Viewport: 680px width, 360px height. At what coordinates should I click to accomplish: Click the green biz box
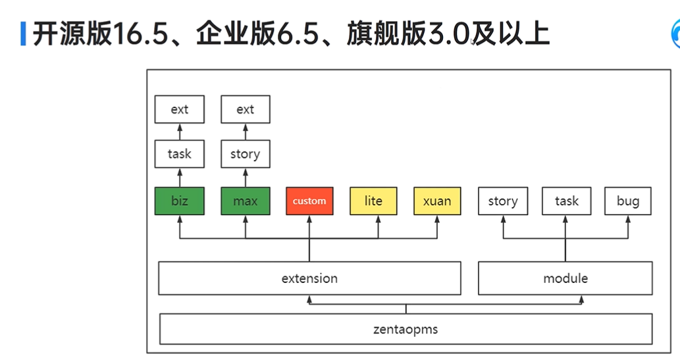[179, 201]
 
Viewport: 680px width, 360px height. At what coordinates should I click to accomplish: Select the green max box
[245, 201]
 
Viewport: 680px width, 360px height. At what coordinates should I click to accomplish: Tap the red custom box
[309, 201]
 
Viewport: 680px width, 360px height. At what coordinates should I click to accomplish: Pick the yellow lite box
[373, 201]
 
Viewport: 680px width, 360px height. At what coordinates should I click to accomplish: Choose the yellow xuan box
[437, 201]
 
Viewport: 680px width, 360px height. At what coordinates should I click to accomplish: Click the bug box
[627, 201]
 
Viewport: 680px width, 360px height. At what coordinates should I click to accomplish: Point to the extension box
[309, 278]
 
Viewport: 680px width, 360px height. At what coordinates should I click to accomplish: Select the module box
[565, 278]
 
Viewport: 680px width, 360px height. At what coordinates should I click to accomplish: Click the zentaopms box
[405, 329]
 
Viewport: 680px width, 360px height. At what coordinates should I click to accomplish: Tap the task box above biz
[179, 154]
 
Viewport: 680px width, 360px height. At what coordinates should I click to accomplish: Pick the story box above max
[245, 154]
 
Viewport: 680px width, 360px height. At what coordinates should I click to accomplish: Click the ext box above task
[179, 109]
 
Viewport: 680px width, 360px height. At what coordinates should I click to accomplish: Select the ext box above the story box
[245, 109]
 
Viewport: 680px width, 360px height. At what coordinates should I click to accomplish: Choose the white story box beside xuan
[503, 201]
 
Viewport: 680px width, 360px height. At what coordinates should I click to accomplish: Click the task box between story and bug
[566, 201]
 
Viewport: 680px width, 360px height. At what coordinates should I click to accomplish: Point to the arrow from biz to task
[179, 177]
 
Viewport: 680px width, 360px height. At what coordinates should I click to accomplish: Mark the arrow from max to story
[245, 177]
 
